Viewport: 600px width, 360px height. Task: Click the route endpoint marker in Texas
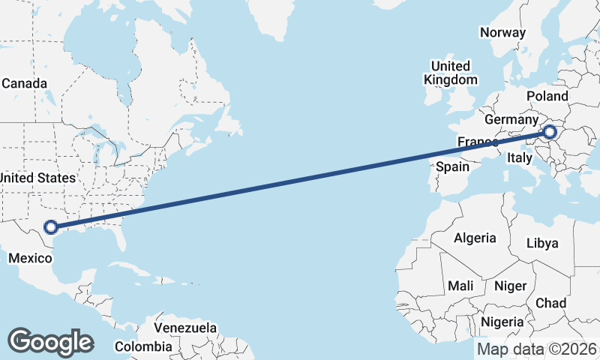tap(51, 226)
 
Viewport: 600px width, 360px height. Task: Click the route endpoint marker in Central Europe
tap(550, 133)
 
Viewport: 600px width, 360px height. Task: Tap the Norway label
tap(503, 32)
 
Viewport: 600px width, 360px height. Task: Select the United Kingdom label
tap(450, 73)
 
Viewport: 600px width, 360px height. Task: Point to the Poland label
tap(547, 97)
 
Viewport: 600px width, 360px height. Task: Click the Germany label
tap(511, 120)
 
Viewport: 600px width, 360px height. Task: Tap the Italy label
tap(520, 158)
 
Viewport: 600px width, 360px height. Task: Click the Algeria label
tap(475, 238)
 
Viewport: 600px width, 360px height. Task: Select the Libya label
tap(542, 243)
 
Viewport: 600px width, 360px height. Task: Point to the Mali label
tap(460, 286)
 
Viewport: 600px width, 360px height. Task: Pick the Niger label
tap(510, 286)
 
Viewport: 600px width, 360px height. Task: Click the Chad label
tap(551, 302)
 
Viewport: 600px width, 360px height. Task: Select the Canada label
tap(24, 83)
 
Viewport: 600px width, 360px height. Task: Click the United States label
tap(37, 178)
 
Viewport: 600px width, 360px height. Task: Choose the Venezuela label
tap(185, 328)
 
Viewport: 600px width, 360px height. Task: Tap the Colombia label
tap(143, 346)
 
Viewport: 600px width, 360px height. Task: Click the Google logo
tap(50, 342)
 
